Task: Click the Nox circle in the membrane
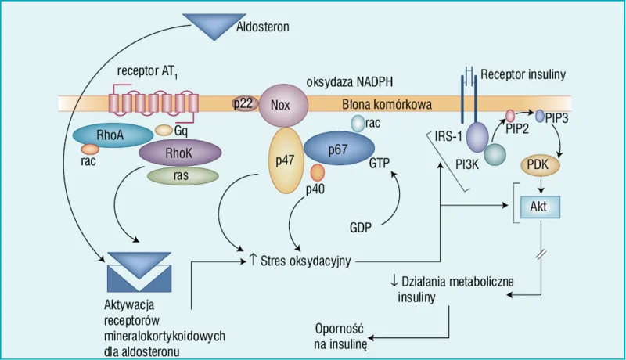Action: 283,105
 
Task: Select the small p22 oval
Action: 243,104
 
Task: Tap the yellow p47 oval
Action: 286,160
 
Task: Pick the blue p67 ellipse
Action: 339,149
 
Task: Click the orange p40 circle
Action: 318,172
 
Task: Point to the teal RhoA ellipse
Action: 113,135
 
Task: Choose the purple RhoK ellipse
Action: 180,153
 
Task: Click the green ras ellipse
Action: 183,175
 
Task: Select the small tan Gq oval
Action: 164,130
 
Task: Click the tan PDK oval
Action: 540,165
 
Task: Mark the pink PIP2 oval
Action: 511,116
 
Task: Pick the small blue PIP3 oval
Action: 540,116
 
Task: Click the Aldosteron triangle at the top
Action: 214,25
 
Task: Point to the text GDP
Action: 361,228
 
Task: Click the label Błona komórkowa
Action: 387,105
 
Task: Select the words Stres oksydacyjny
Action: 306,261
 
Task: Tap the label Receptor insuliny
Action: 523,74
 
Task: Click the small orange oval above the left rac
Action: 90,149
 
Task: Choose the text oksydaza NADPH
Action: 350,82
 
